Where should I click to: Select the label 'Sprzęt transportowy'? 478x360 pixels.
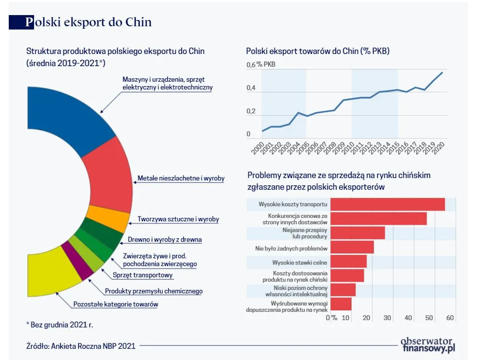point(142,275)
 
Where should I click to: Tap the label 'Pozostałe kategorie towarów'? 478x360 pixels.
point(115,305)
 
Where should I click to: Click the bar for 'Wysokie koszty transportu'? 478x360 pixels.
point(387,204)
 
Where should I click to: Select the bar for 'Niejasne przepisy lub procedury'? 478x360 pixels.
point(357,233)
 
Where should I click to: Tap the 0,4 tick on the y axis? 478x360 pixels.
point(251,88)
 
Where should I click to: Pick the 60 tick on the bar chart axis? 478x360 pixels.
point(450,318)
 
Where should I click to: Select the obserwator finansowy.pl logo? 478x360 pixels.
point(427,345)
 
